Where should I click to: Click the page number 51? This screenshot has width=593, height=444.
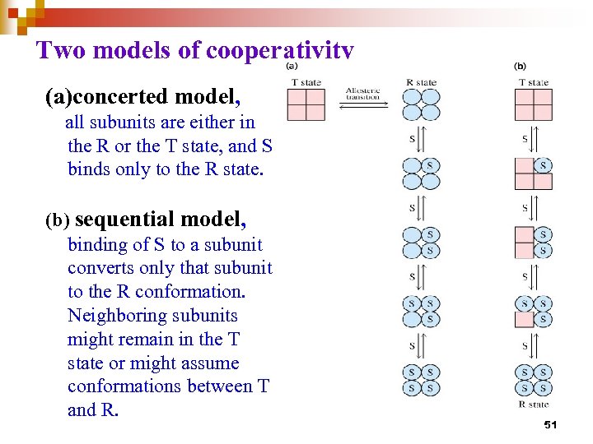pos(551,424)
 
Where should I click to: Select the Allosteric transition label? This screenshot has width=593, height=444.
pos(362,94)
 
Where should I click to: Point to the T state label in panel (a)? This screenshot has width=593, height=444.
pos(306,82)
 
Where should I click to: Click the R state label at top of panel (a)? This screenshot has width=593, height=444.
pos(421,82)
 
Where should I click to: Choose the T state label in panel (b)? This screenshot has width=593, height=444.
pos(534,82)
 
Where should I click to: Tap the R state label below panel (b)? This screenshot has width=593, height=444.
pos(534,404)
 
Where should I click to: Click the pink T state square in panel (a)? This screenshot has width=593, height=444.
pos(306,105)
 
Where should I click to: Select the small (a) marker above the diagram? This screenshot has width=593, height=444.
pos(292,66)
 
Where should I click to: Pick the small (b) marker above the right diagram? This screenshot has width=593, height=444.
pos(520,66)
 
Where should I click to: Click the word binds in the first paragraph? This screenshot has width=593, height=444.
pos(91,170)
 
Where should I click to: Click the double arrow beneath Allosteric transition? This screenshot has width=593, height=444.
pos(363,105)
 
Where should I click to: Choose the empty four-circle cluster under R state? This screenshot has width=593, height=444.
pos(421,105)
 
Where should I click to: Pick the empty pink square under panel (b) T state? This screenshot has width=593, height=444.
pos(533,105)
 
